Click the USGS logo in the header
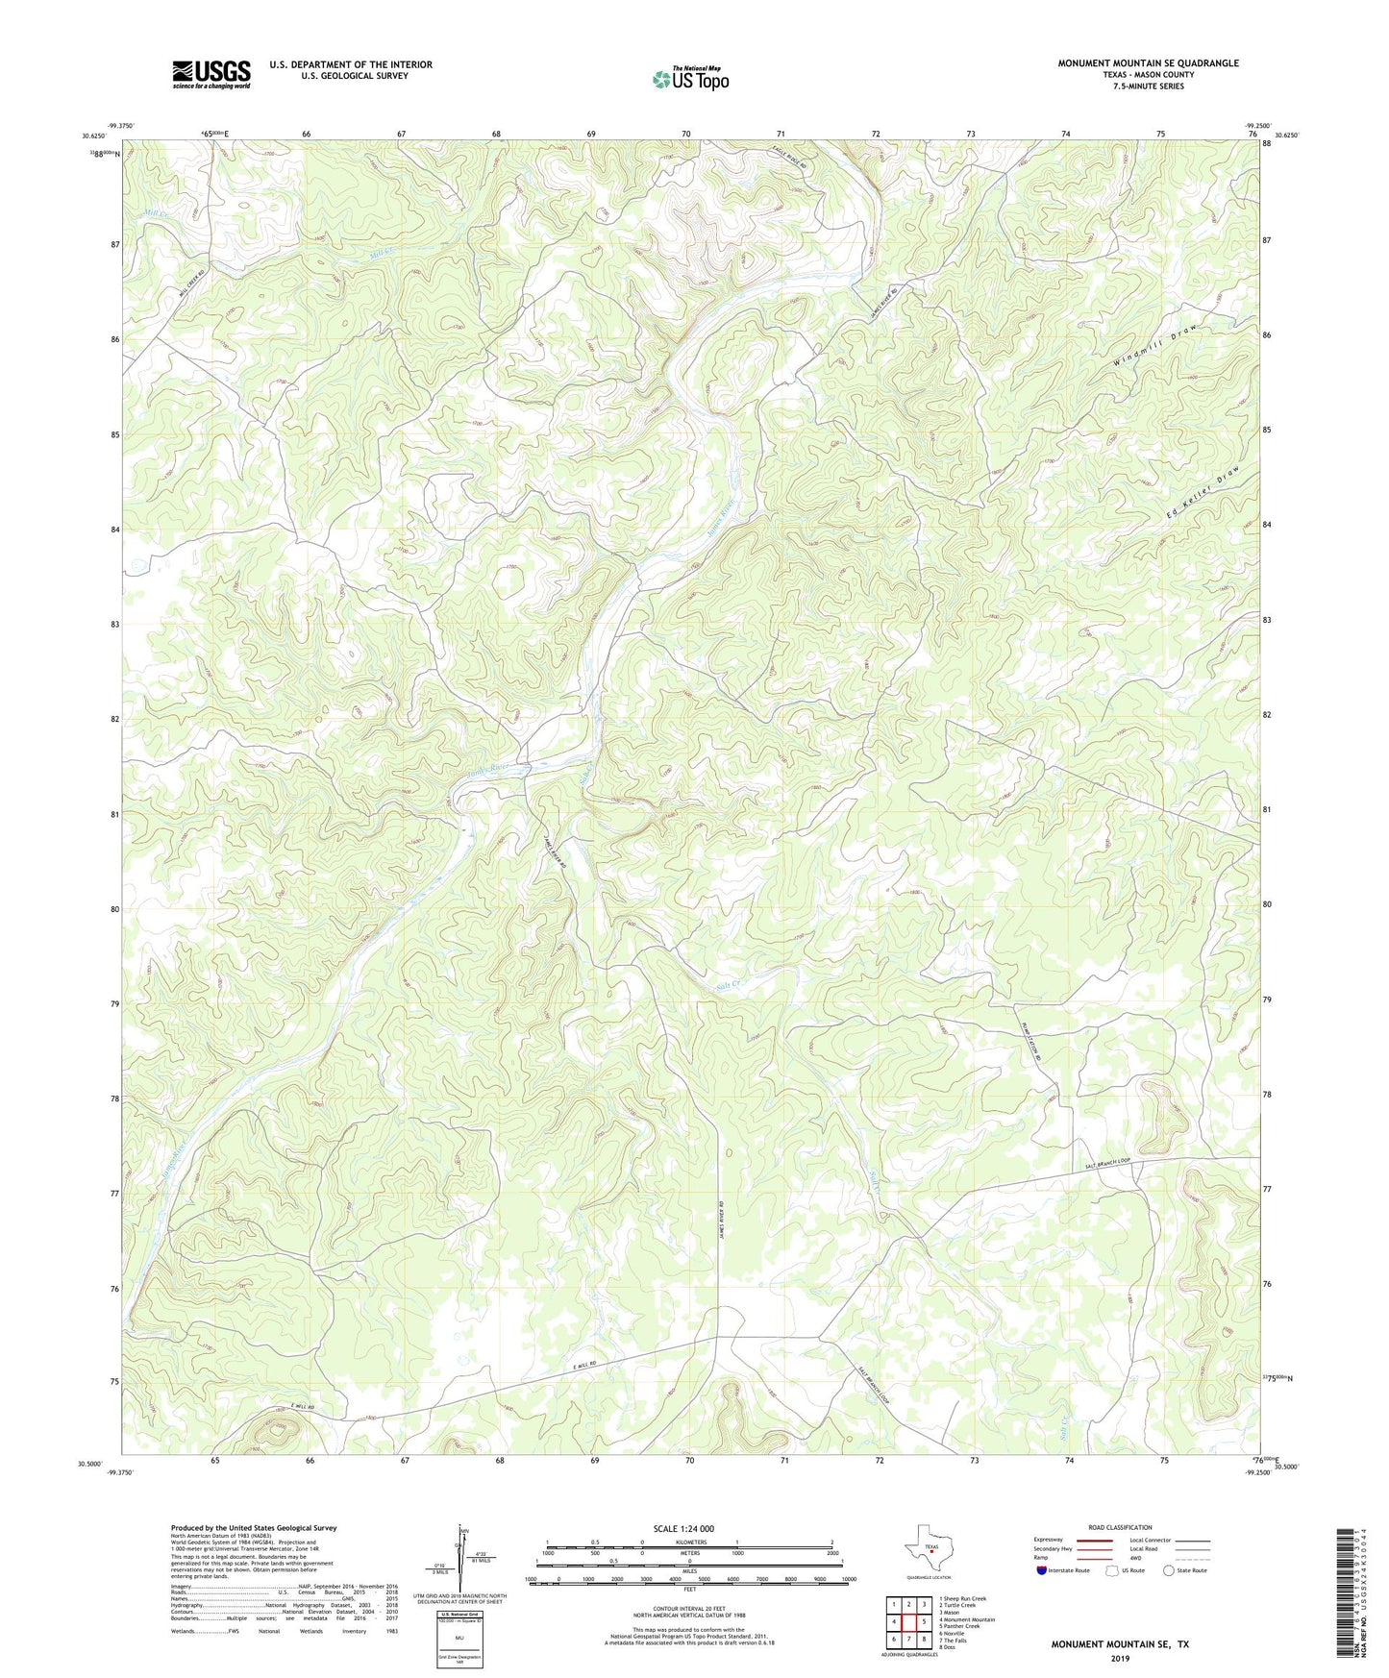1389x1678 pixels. [x=211, y=74]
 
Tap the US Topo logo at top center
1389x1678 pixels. [x=689, y=79]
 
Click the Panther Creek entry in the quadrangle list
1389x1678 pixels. [x=960, y=1626]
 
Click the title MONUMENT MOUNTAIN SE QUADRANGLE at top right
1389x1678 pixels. [x=1148, y=63]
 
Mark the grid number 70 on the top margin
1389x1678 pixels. [x=685, y=134]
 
